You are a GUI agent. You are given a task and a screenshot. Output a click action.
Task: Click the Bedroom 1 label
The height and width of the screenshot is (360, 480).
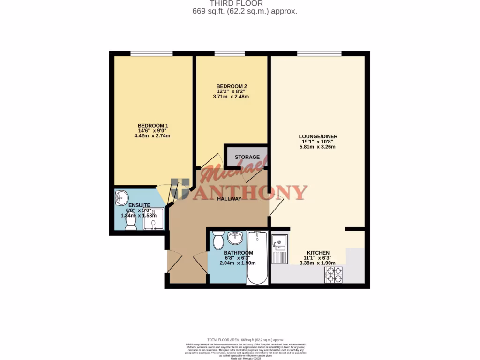tap(153, 125)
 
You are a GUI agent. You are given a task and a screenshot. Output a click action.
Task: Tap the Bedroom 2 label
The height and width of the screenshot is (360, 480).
tap(232, 86)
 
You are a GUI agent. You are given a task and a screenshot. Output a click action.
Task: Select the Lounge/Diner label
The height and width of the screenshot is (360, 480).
tap(318, 136)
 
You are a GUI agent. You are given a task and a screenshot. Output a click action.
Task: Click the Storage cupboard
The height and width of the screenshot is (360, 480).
tap(247, 157)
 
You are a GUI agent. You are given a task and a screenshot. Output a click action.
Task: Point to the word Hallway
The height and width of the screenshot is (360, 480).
tap(229, 199)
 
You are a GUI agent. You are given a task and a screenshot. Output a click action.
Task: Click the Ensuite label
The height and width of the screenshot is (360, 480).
tap(139, 205)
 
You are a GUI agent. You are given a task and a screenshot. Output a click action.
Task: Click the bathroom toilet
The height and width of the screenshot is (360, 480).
tap(218, 240)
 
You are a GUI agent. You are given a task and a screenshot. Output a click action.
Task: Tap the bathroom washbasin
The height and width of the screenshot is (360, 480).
tap(235, 238)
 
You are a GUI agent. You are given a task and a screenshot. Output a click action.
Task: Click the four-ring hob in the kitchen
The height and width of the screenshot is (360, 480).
tap(333, 275)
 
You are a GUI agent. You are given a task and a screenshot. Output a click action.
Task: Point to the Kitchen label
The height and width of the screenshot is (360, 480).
tap(318, 253)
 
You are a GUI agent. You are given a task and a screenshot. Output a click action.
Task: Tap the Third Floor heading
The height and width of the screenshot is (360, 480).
tap(240, 3)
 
